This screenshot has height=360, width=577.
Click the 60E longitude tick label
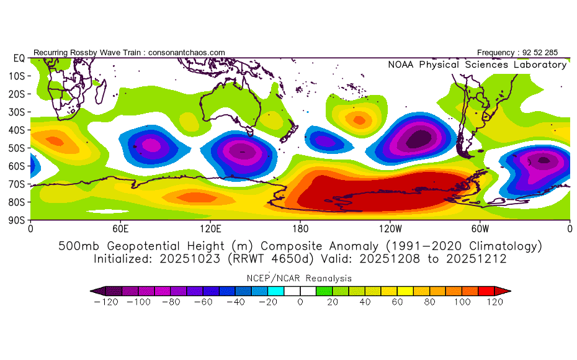pos(120,229)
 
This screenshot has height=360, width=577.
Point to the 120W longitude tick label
pos(390,229)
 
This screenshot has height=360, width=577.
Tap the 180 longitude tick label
pos(300,229)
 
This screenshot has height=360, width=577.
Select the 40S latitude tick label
pos(17,130)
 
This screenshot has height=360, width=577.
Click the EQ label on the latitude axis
pos(19,58)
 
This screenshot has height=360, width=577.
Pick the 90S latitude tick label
pos(17,220)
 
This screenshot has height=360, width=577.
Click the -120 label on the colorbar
pos(106,302)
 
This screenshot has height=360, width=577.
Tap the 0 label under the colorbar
pos(300,302)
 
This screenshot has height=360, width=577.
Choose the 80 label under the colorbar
pos(429,302)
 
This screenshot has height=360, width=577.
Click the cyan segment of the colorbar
pos(275,291)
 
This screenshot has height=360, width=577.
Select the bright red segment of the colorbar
pos(486,291)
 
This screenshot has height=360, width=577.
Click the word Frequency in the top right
pos(496,53)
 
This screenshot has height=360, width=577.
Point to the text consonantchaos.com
pos(187,53)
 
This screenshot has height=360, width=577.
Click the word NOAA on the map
pos(401,65)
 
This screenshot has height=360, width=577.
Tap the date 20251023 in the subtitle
pos(190,259)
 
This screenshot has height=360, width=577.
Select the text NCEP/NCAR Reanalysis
pos(299,278)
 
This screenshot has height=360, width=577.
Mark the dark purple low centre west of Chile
pos(419,138)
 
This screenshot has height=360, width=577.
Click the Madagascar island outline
pos(101,92)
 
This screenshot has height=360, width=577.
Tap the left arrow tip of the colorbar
pos(91,291)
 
